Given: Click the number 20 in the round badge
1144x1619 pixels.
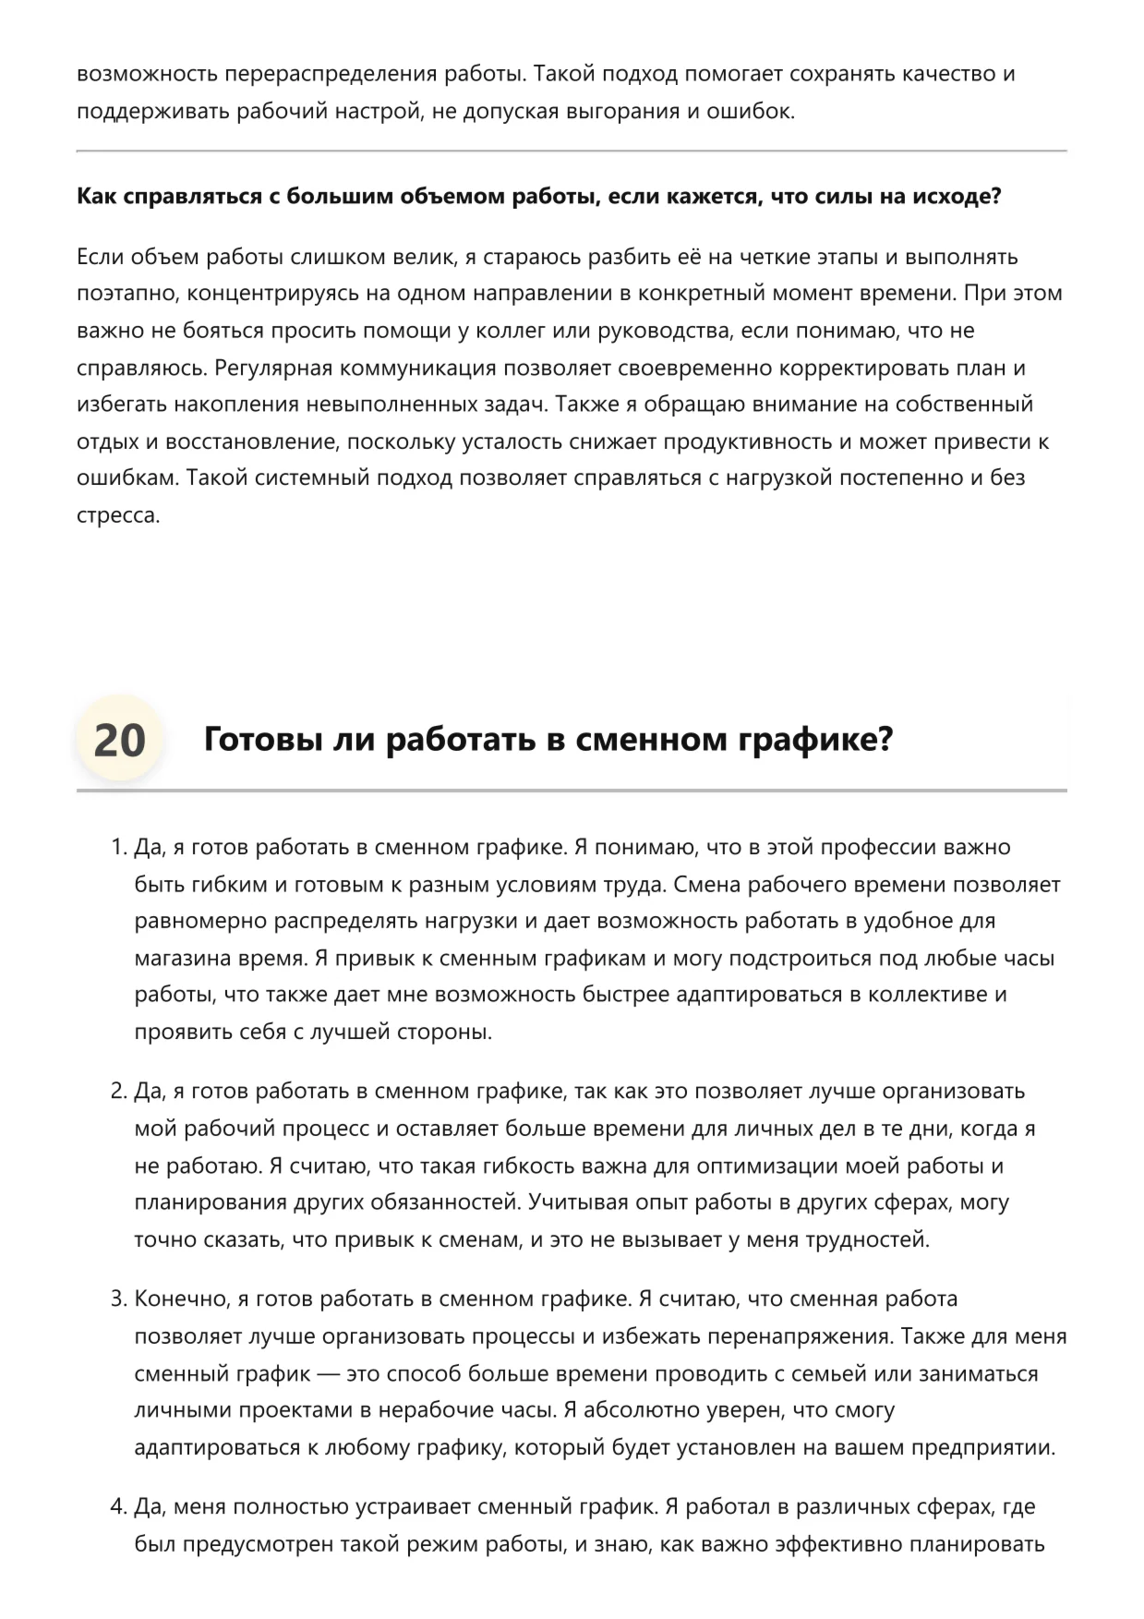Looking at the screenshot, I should tap(119, 740).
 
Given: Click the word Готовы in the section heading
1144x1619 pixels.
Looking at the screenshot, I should tap(263, 740).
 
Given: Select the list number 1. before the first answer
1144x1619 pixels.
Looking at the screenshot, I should tap(118, 847).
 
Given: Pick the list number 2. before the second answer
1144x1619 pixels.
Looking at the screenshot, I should tap(118, 1091).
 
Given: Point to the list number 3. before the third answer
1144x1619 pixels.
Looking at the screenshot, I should tap(118, 1299).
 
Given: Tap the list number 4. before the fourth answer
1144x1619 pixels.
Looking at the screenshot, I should tap(118, 1506).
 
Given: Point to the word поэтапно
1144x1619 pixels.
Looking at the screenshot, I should tap(127, 294).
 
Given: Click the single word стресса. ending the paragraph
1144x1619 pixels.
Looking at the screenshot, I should tap(118, 515).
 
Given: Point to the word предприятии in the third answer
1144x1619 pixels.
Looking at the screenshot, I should tap(981, 1447).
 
